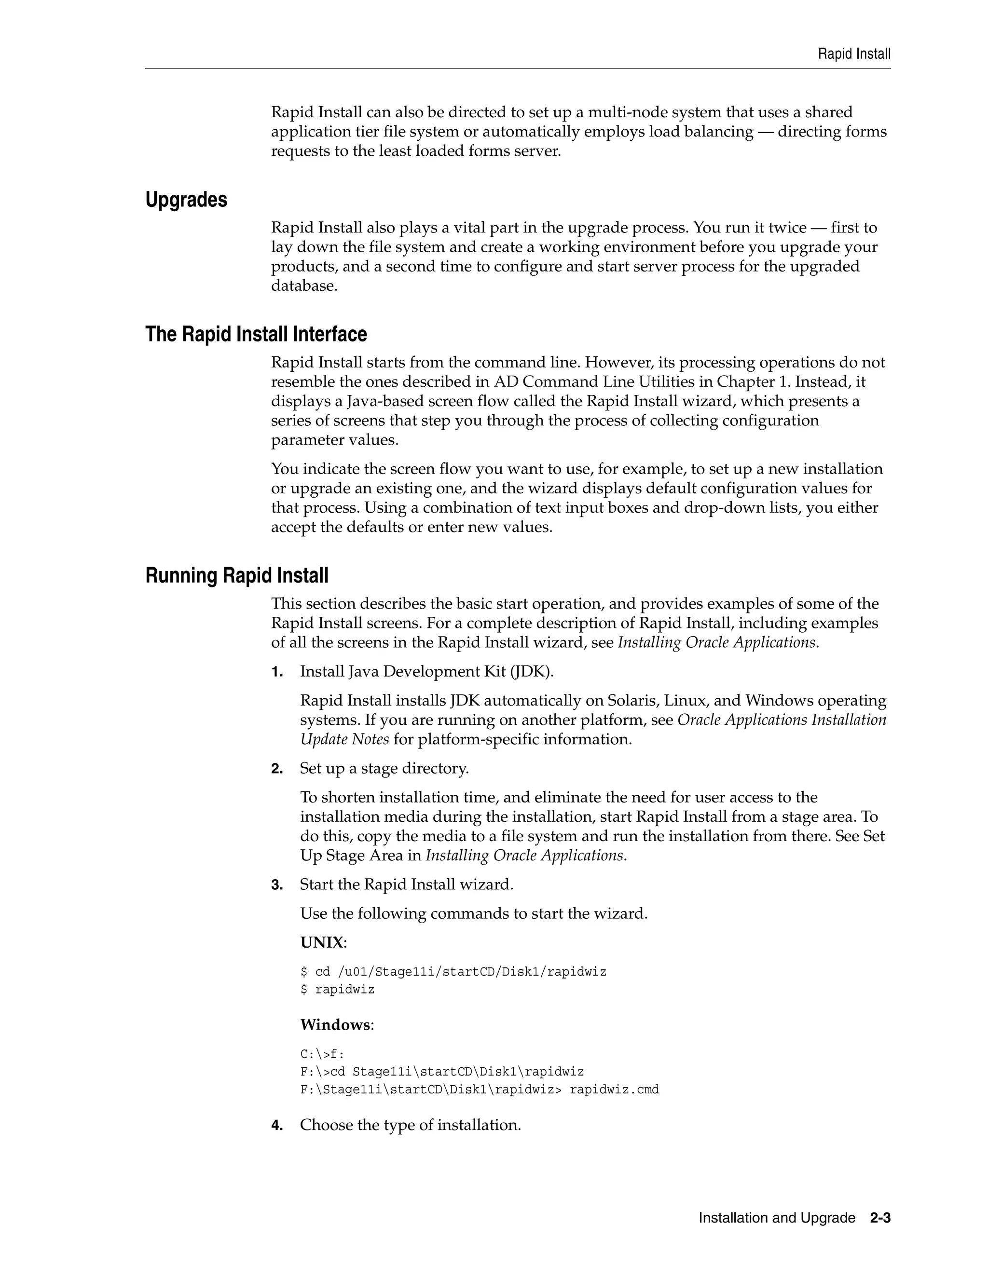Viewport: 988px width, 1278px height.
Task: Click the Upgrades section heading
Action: [x=186, y=200]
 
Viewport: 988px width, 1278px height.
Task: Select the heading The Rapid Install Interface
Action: [x=256, y=335]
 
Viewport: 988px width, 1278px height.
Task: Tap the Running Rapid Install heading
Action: [x=236, y=576]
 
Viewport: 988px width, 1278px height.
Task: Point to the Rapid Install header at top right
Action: [x=854, y=54]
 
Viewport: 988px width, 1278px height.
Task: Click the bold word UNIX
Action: [x=321, y=943]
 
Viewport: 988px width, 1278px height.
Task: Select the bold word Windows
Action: [x=335, y=1025]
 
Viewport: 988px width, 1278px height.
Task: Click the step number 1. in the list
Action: [x=277, y=672]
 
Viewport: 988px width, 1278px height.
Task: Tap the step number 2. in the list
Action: [x=277, y=769]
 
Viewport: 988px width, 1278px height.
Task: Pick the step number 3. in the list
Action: [x=277, y=885]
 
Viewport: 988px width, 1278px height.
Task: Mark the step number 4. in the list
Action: [x=277, y=1125]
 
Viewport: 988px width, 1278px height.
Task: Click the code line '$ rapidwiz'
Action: [x=337, y=990]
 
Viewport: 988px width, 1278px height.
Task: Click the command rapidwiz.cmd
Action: [x=614, y=1089]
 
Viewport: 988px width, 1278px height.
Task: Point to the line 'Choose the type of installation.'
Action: [x=411, y=1125]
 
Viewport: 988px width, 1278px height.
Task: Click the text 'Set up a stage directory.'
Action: [x=384, y=768]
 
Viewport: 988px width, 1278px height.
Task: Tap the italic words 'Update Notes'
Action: [x=344, y=740]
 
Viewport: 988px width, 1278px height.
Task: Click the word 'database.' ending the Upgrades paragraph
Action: [x=304, y=286]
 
